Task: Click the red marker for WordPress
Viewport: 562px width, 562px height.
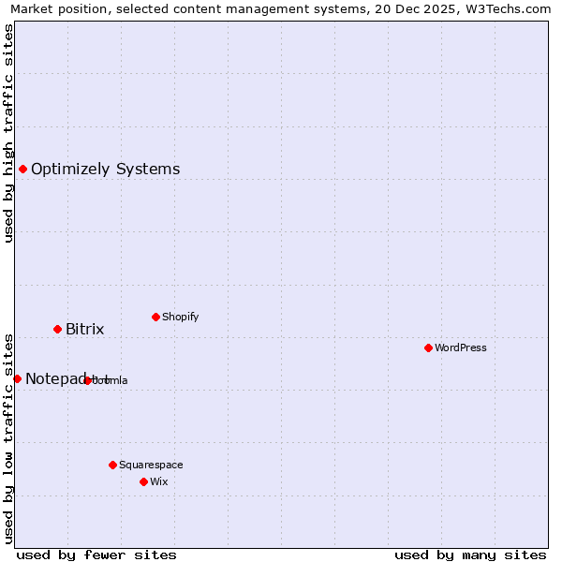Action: tap(428, 348)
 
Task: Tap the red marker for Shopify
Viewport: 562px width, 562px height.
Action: tap(155, 317)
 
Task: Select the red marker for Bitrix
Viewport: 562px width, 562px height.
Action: tap(57, 329)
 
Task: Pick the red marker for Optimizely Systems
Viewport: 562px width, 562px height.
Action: tap(22, 169)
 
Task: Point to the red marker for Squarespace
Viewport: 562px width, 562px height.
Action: tap(112, 465)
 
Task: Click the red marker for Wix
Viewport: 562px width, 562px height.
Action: tap(143, 481)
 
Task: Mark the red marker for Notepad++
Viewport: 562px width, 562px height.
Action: tap(17, 378)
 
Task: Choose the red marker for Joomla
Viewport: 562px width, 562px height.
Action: tap(87, 380)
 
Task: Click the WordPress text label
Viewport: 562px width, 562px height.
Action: tap(461, 348)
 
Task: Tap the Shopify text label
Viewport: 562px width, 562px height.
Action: tap(181, 317)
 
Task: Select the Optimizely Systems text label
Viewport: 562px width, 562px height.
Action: tap(106, 169)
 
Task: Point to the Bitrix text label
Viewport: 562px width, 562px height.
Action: tap(85, 329)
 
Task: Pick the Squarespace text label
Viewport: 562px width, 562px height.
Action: tap(151, 465)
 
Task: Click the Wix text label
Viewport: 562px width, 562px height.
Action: tap(158, 481)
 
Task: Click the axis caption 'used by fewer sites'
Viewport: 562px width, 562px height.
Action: tap(96, 555)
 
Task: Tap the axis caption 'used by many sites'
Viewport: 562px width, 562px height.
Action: tap(470, 555)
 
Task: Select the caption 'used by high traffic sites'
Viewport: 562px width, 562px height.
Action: tap(9, 133)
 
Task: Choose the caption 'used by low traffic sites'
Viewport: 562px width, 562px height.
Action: tap(9, 437)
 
